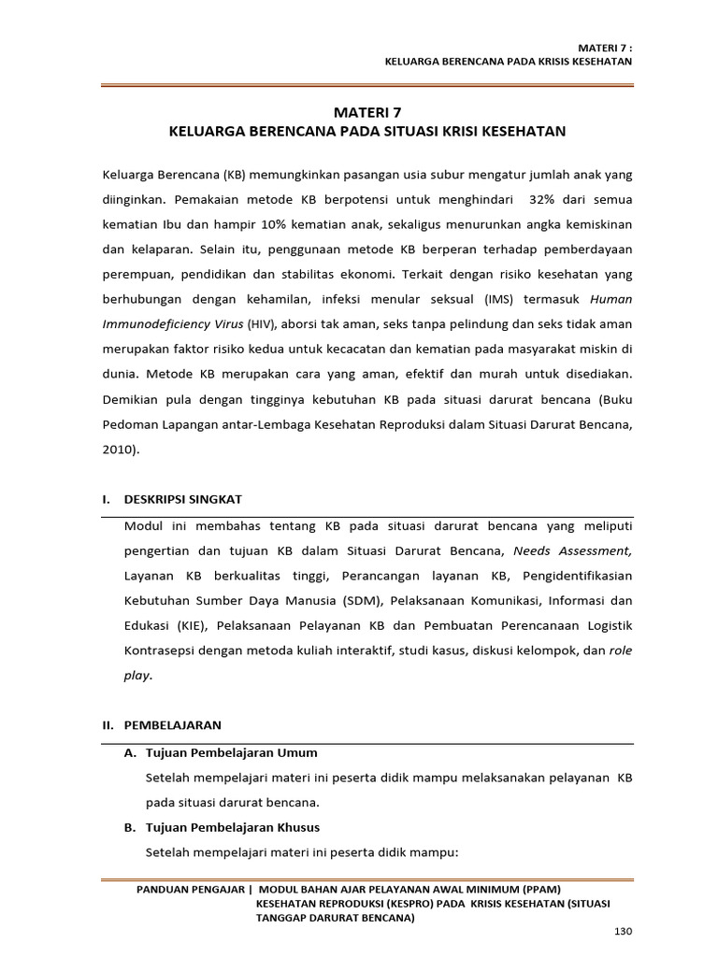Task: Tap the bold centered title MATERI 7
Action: coord(366,111)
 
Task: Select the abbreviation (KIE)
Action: coord(190,623)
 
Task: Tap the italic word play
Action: coord(136,674)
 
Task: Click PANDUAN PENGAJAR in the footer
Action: coord(193,890)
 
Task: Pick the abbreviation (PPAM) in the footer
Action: coord(535,890)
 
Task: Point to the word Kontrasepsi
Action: coord(158,649)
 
